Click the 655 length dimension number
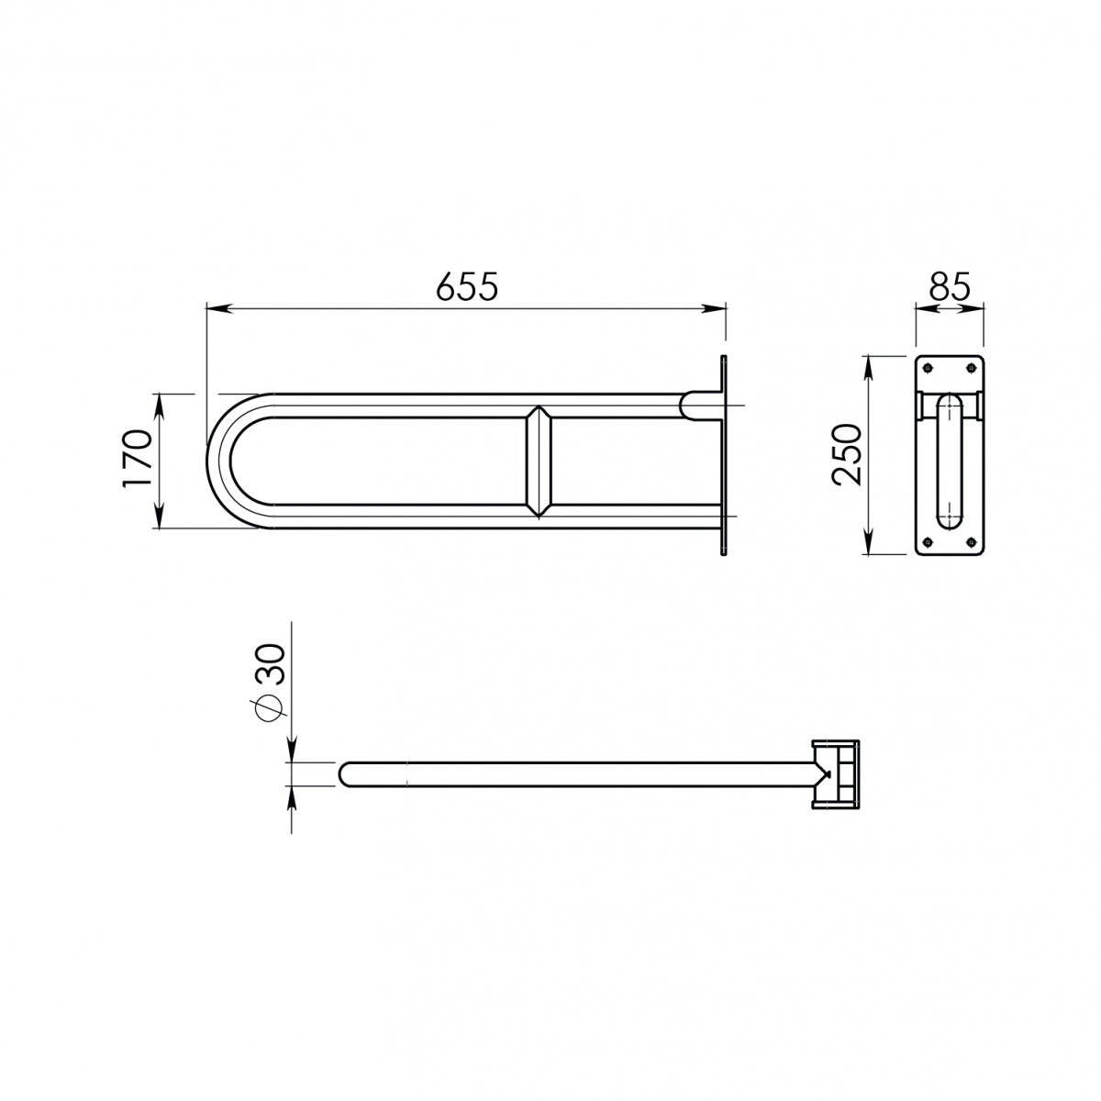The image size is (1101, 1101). (x=467, y=286)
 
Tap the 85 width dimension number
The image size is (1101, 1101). (x=949, y=287)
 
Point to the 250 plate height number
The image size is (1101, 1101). (x=846, y=456)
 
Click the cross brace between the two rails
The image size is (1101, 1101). (x=538, y=461)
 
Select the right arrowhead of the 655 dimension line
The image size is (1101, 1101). (x=719, y=310)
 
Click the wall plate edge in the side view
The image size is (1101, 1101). (x=724, y=456)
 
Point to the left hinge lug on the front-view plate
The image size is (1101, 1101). (x=920, y=405)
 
